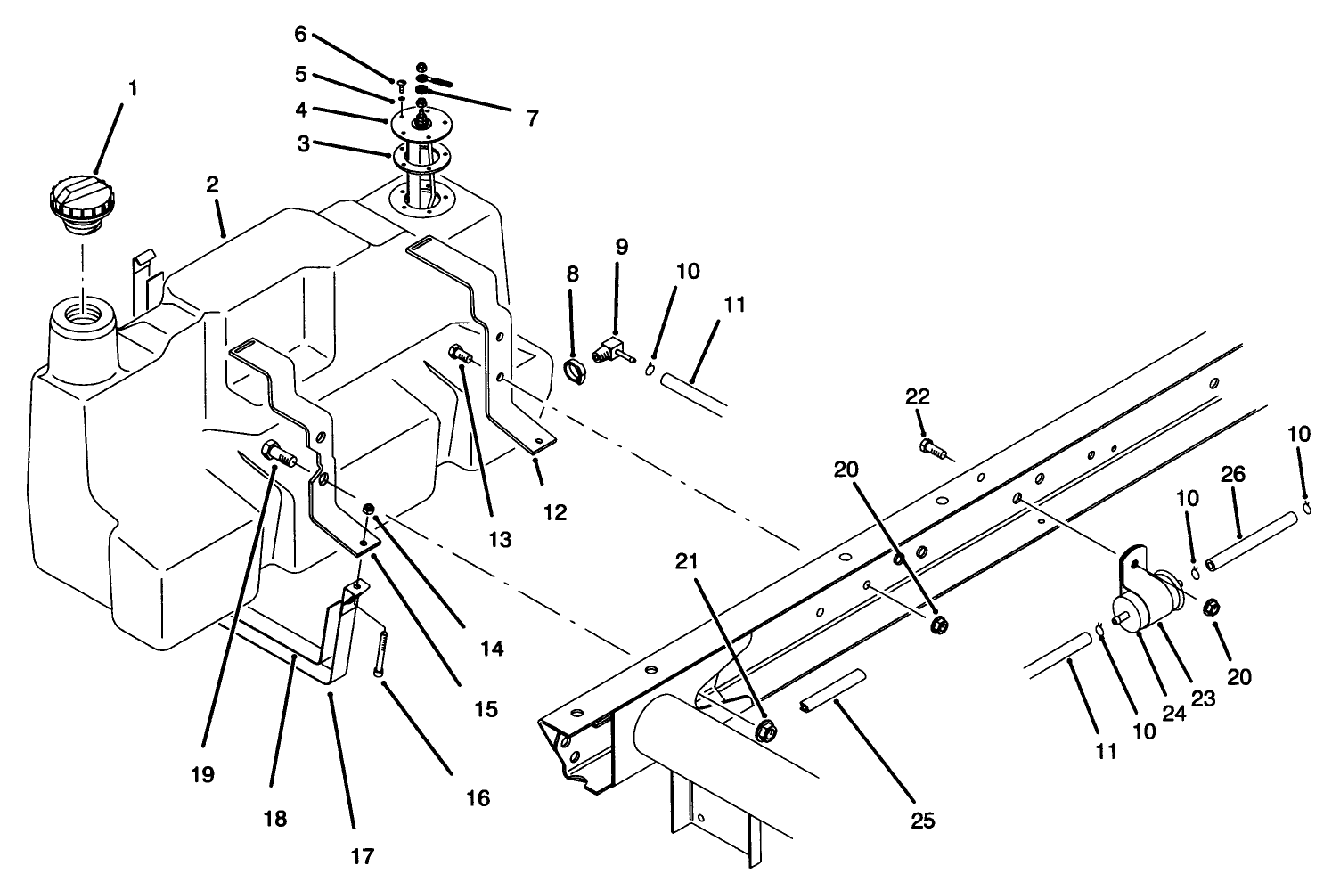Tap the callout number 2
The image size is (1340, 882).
[212, 185]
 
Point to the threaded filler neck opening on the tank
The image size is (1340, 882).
[84, 317]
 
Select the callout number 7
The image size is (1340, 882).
[532, 118]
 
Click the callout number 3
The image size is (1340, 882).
[304, 144]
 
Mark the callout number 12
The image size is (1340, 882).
[555, 513]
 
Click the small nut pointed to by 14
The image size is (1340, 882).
[368, 510]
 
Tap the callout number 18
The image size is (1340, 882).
[276, 818]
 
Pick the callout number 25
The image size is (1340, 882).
[923, 821]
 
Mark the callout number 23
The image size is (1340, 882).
[1202, 699]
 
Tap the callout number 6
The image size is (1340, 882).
[300, 34]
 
